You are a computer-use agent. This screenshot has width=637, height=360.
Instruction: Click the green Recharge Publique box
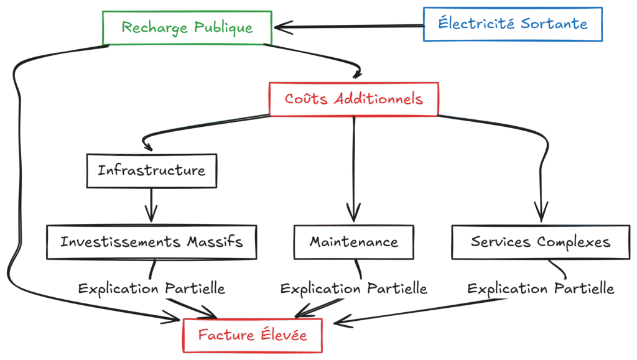[x=187, y=28]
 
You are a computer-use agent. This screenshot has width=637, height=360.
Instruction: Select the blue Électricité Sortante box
[x=513, y=24]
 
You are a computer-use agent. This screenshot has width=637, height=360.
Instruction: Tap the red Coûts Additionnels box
[x=353, y=99]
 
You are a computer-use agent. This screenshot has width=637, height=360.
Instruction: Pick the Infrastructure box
[x=151, y=170]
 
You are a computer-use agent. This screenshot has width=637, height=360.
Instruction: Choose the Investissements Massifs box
[x=151, y=241]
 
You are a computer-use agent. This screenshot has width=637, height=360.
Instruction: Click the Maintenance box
[x=353, y=242]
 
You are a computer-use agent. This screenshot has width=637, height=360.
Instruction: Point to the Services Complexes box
[x=540, y=242]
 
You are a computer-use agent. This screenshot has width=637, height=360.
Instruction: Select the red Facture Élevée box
[x=252, y=335]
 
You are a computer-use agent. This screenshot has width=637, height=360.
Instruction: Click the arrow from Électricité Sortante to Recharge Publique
[x=348, y=26]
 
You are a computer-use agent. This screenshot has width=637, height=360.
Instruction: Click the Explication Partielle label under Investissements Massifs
[x=151, y=289]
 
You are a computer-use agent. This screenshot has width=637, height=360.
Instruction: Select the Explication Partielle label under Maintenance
[x=353, y=289]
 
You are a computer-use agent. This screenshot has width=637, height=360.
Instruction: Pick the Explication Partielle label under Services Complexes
[x=540, y=289]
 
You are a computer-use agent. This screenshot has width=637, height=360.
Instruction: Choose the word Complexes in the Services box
[x=574, y=242]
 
